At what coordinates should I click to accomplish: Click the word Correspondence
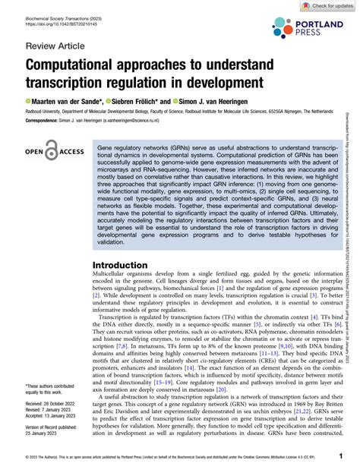44,120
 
